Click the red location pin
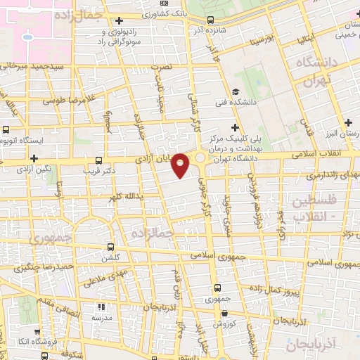tap(181, 165)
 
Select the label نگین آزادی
tap(34, 169)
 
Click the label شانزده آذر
tap(212, 30)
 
